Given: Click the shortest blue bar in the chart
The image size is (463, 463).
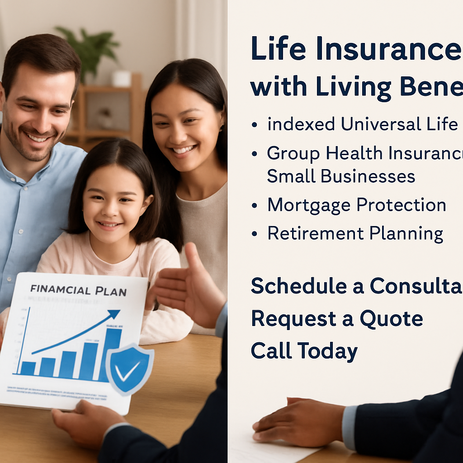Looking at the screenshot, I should click(x=28, y=368).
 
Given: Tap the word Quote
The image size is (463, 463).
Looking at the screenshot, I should click(x=391, y=318).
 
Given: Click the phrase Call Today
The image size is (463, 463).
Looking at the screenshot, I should click(x=304, y=351).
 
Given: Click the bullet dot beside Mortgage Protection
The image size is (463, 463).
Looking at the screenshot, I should click(x=255, y=206).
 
